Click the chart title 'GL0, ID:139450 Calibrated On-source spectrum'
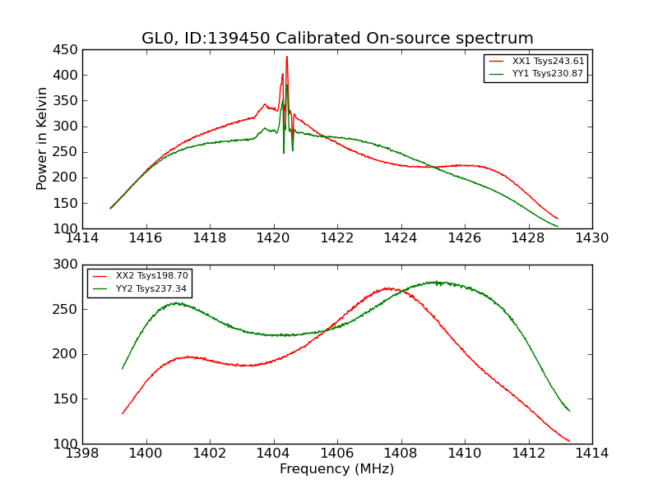coord(337,39)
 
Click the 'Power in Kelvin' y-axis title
coord(43,139)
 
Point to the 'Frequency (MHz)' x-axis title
coord(337,469)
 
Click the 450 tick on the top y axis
coord(67,50)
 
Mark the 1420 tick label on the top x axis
coord(273,238)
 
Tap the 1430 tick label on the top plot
coord(592,238)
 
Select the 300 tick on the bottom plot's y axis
coord(67,265)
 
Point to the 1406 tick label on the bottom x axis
coord(337,454)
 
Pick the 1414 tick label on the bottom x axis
coord(592,454)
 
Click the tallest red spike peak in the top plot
coord(287,57)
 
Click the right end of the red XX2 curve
coord(569,441)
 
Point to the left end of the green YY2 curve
coord(123,368)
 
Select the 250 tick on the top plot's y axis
coord(67,152)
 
